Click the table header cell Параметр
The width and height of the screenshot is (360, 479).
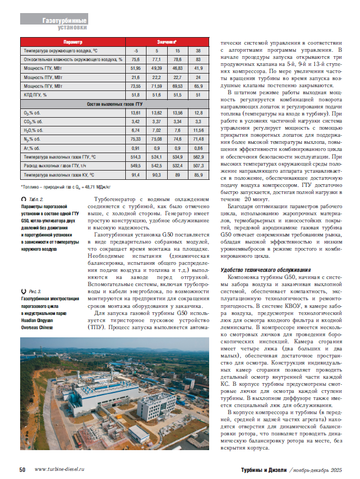pyautogui.click(x=72, y=41)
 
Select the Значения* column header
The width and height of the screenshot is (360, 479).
pyautogui.click(x=167, y=41)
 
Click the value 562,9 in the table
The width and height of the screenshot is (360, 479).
pyautogui.click(x=198, y=157)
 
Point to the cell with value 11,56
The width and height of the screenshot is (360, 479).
pyautogui.click(x=198, y=130)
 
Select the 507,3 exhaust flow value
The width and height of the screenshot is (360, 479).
pyautogui.click(x=198, y=166)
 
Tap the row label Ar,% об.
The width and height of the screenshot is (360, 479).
pyautogui.click(x=31, y=148)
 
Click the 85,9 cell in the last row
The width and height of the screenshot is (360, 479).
pyautogui.click(x=198, y=175)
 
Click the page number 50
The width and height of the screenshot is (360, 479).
pyautogui.click(x=23, y=469)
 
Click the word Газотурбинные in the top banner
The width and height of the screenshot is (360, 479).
pyautogui.click(x=64, y=20)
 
